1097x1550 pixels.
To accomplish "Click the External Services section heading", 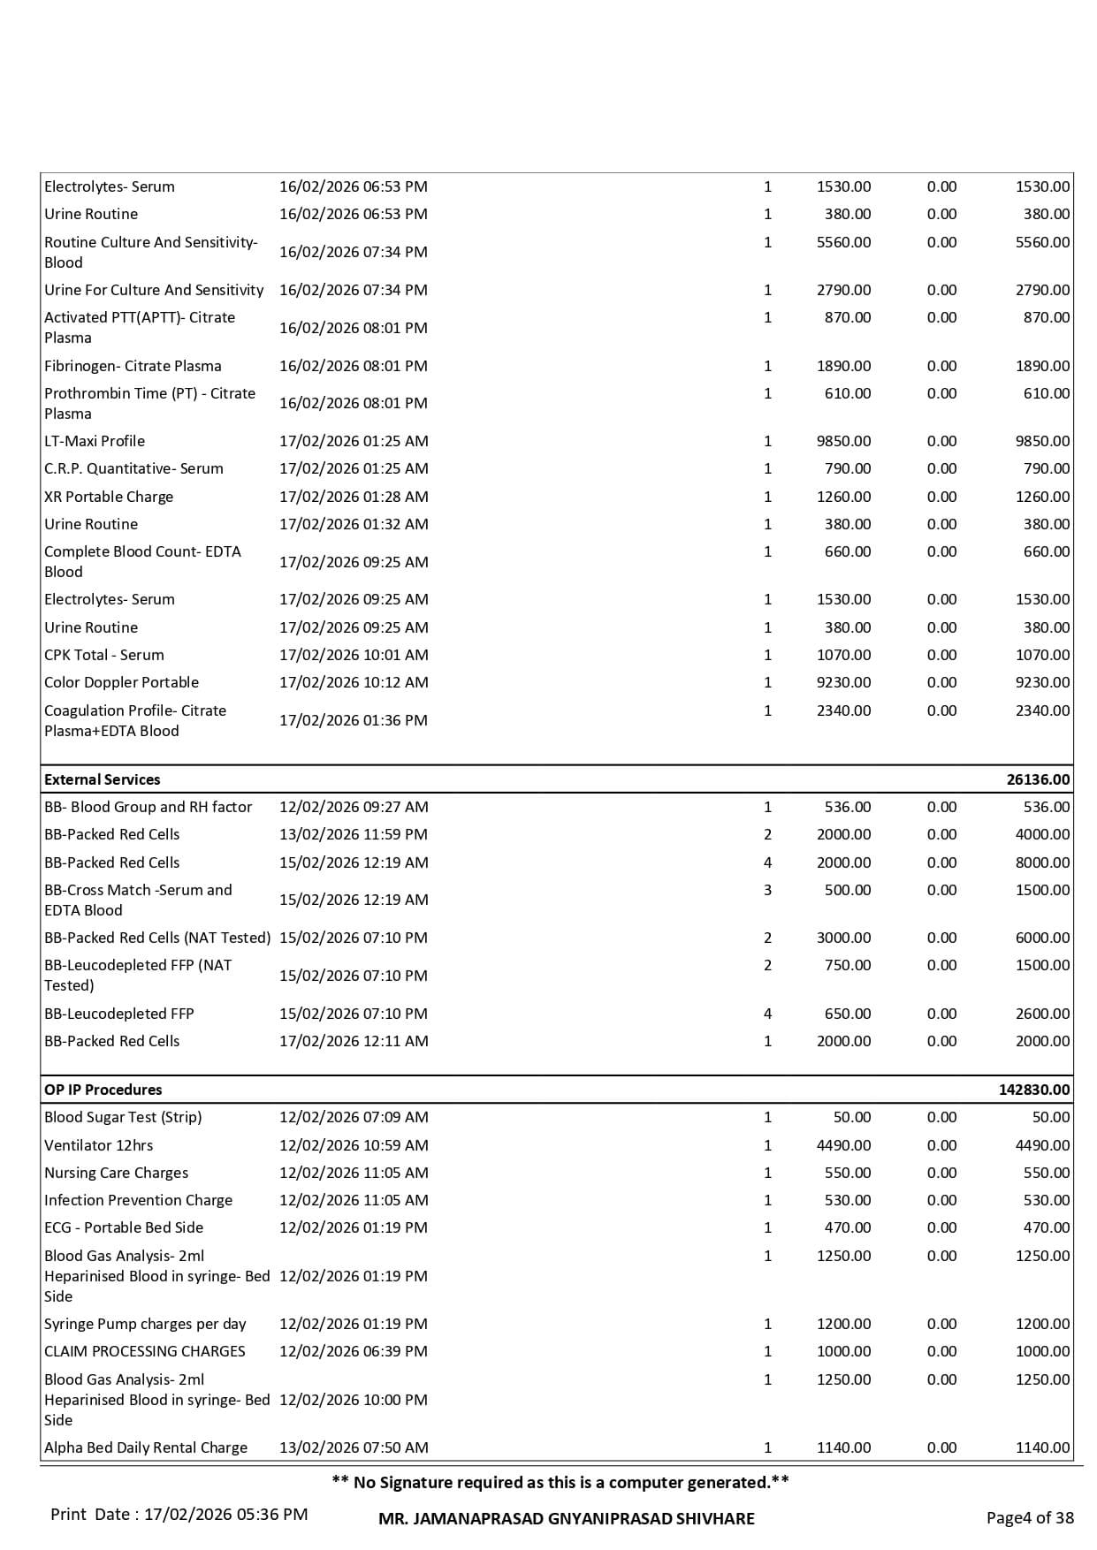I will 103,779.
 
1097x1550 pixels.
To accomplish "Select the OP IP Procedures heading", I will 103,1090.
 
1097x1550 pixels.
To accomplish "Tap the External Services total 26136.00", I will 1038,779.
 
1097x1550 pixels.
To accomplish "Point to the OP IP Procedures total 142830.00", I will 1034,1090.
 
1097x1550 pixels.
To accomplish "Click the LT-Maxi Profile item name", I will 95,441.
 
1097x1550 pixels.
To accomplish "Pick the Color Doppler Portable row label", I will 122,682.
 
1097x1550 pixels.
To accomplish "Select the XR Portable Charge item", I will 109,497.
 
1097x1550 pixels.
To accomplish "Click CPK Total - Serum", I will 104,655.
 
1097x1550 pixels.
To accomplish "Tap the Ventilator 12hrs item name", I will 99,1145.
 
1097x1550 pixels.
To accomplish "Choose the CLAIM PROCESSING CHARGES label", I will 145,1351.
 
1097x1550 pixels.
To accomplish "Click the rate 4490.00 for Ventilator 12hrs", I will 843,1145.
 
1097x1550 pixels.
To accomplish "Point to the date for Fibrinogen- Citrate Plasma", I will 354,366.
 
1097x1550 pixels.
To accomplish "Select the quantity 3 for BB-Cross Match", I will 767,890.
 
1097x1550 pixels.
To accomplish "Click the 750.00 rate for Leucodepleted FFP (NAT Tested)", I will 848,965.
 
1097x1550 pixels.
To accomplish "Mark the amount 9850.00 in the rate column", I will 843,441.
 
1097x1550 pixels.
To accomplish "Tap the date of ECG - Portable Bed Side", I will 354,1227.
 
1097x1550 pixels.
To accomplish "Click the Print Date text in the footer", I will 179,1514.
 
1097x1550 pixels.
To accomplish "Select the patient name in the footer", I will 566,1518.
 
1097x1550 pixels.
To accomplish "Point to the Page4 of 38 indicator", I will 1030,1517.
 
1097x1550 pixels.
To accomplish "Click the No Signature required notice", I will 560,1482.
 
